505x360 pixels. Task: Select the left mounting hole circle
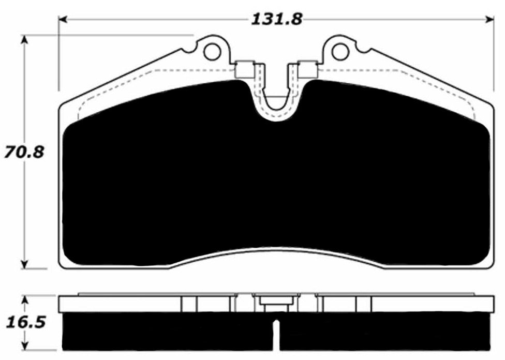coord(211,52)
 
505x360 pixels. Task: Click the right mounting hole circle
coord(339,52)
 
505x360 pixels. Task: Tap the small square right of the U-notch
coord(307,69)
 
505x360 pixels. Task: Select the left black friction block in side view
coord(166,331)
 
